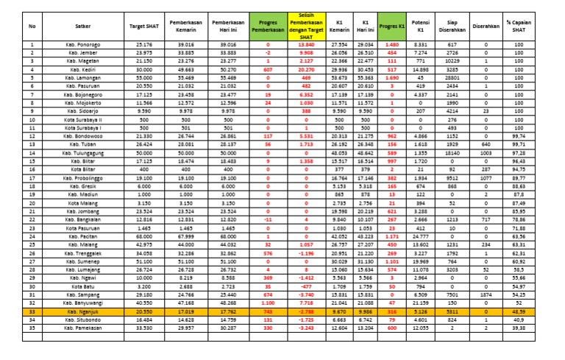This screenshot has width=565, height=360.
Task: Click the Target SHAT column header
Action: [x=144, y=27]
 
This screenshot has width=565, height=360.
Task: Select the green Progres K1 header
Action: [x=392, y=27]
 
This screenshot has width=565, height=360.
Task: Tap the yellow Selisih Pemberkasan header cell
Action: [x=306, y=27]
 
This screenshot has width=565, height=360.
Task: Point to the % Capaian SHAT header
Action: [x=539, y=27]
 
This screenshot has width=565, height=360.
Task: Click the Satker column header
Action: [x=83, y=27]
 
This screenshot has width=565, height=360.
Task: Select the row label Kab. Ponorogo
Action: [x=83, y=45]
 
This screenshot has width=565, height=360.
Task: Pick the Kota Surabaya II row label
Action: [x=83, y=119]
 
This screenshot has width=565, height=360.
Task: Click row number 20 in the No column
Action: [x=32, y=203]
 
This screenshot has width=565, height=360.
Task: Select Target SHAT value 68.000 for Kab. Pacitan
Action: [x=144, y=236]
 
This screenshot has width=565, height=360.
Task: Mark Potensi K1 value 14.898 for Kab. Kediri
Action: [x=421, y=69]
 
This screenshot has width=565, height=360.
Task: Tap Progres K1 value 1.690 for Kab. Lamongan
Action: [x=392, y=78]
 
